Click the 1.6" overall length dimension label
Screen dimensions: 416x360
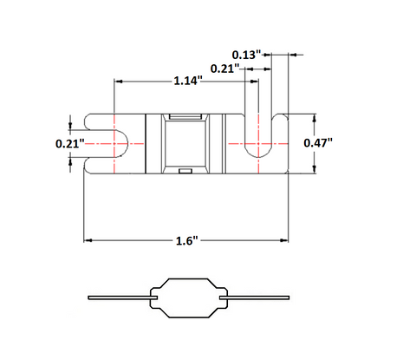(187, 240)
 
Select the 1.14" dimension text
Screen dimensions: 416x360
(187, 81)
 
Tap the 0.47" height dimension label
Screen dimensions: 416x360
(318, 142)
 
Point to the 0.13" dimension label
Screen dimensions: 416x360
(246, 55)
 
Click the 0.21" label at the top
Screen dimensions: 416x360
(225, 69)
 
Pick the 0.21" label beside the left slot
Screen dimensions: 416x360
(70, 143)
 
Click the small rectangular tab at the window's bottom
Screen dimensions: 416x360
(185, 171)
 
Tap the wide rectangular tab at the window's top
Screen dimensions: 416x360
(185, 116)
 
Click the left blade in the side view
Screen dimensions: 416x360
(123, 298)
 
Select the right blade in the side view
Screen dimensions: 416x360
(254, 298)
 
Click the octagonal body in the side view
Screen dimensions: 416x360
(188, 298)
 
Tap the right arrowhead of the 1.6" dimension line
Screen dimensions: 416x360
(284, 240)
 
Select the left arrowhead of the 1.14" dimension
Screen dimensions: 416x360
(119, 82)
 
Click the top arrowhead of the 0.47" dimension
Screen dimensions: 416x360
(315, 118)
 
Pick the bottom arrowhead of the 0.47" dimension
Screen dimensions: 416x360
(315, 170)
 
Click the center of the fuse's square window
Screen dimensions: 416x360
(185, 143)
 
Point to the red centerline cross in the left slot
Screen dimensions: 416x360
(114, 143)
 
